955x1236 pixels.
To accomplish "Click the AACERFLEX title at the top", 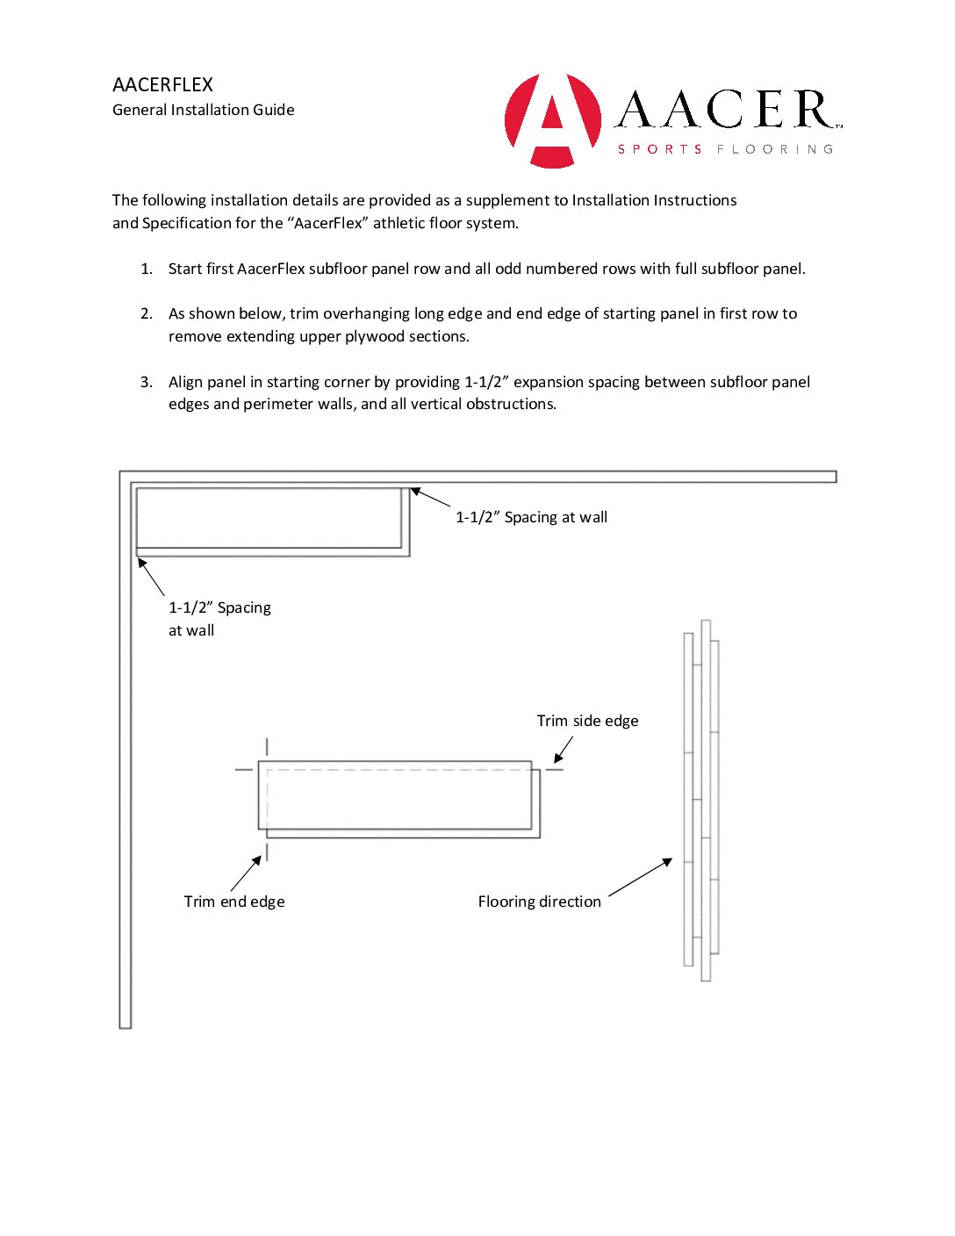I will tap(162, 84).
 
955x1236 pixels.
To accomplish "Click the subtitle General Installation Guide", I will tap(203, 110).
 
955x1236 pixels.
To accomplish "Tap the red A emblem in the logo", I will tap(553, 119).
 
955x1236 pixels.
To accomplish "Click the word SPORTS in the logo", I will tap(660, 149).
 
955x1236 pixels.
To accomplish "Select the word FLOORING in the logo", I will tap(774, 149).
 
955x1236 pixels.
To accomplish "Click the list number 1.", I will tap(147, 269).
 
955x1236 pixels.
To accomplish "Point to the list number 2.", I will tap(147, 313).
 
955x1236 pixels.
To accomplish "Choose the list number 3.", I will tap(147, 382).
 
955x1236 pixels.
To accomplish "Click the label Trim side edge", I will tap(587, 721).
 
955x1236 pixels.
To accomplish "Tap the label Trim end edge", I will tap(234, 902).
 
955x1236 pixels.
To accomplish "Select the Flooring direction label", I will tap(539, 902).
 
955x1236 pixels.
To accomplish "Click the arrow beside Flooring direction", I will tap(641, 877).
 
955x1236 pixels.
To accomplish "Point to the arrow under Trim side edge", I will tap(563, 750).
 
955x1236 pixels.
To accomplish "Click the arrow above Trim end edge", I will tap(246, 873).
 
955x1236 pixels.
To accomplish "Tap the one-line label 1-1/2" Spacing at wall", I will tap(531, 517).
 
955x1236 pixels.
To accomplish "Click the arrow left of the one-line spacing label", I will tap(430, 498).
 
